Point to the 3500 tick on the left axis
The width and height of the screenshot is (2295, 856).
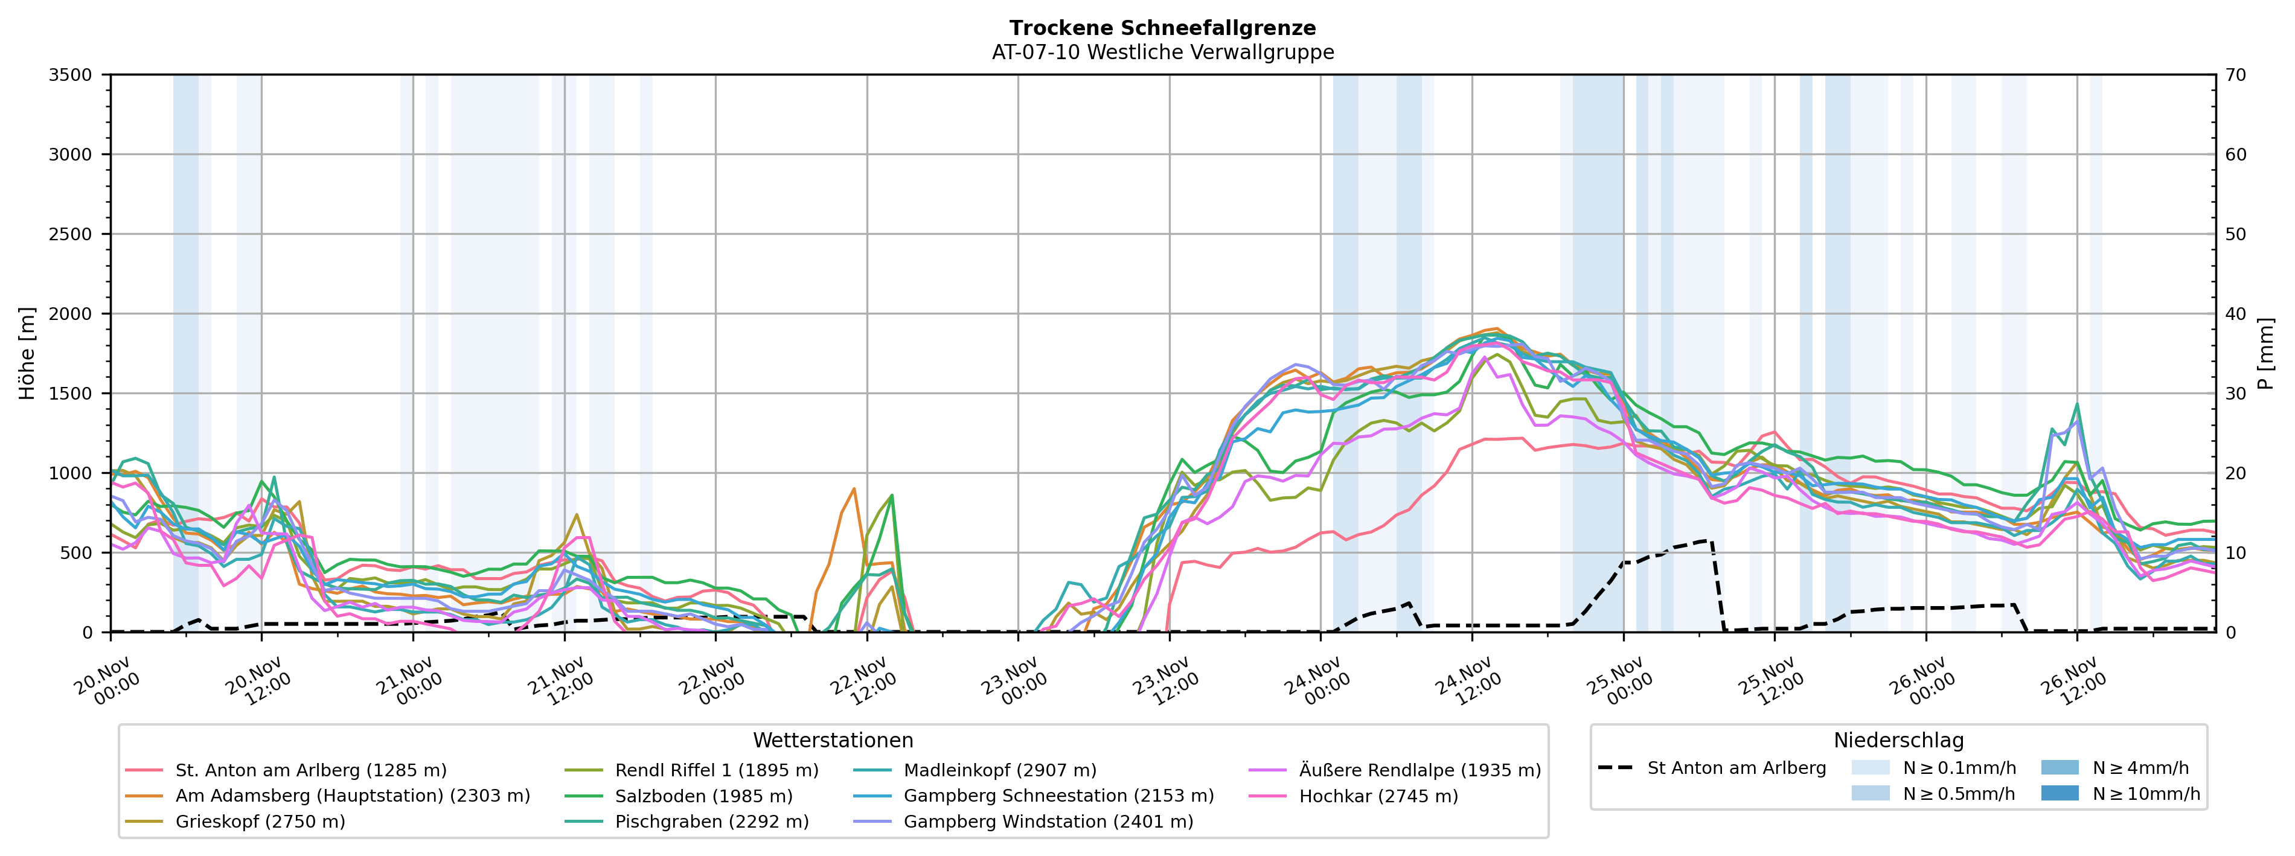point(71,75)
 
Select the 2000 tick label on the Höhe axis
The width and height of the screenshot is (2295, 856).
point(71,313)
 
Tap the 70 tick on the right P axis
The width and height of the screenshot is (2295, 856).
point(2235,75)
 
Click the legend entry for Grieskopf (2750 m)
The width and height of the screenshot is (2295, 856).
point(260,821)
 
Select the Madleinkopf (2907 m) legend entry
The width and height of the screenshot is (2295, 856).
point(1000,770)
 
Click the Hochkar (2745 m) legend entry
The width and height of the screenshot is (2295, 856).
point(1378,796)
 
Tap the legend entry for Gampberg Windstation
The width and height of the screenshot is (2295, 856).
point(1048,821)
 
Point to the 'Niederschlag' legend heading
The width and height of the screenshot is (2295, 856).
point(1898,740)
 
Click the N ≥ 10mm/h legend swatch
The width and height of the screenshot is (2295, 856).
point(2059,793)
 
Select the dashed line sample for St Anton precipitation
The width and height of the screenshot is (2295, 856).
point(1615,768)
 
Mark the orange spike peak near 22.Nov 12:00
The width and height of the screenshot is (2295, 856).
point(854,488)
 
